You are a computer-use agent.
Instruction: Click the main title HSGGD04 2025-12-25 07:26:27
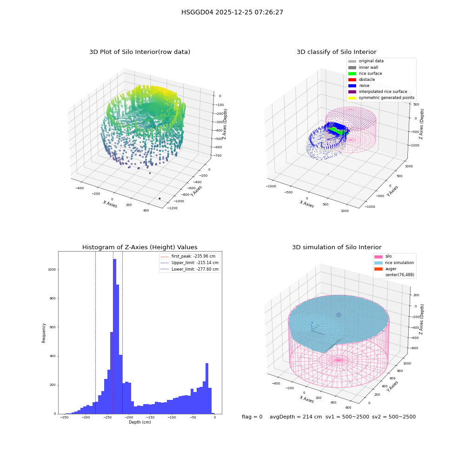pos(232,12)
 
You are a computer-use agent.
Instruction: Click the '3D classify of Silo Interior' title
pos(337,52)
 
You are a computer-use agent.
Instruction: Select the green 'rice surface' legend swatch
pos(352,73)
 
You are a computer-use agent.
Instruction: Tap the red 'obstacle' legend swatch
pos(352,80)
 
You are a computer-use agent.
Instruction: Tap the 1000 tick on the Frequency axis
pos(52,270)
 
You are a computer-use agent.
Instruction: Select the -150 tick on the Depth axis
pos(150,417)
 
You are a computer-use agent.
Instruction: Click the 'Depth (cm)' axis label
pos(139,422)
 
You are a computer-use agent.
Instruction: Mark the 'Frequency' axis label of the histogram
pos(44,333)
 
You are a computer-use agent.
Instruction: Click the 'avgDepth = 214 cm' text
pos(296,417)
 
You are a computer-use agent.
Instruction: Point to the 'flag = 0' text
pos(252,417)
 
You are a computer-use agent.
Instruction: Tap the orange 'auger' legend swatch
pos(379,269)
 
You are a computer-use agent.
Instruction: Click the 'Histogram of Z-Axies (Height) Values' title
pos(139,247)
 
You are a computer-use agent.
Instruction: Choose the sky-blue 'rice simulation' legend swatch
pos(379,263)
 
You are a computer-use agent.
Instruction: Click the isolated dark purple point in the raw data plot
pos(159,199)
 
